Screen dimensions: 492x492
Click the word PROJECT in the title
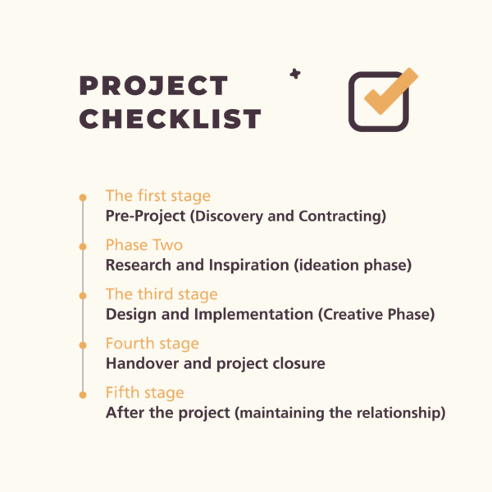click(x=153, y=86)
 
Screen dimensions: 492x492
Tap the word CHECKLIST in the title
click(x=171, y=119)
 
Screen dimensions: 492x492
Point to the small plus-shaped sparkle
click(x=295, y=74)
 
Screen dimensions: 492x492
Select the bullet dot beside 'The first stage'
click(x=82, y=198)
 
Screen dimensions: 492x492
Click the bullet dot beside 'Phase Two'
click(x=82, y=246)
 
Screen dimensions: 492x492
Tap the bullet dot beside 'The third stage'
click(x=82, y=295)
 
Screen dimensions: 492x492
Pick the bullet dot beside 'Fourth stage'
click(x=82, y=344)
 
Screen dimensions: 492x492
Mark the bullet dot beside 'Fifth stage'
click(x=82, y=394)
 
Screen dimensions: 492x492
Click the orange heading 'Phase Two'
click(x=144, y=245)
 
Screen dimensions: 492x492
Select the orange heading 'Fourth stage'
click(x=153, y=344)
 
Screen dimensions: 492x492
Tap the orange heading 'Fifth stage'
click(x=145, y=393)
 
